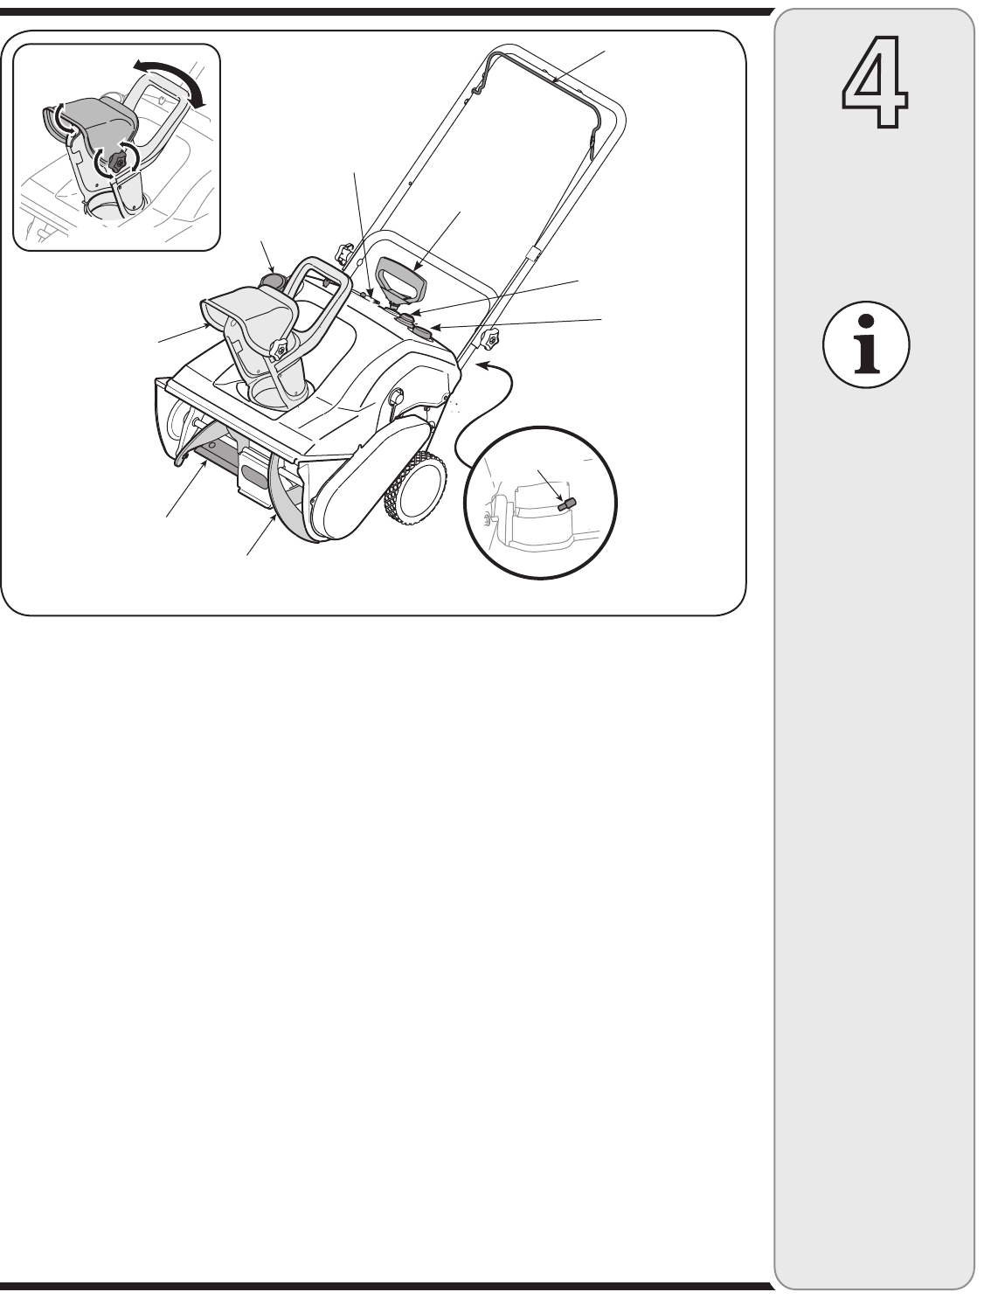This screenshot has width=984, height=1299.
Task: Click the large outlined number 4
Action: tap(874, 82)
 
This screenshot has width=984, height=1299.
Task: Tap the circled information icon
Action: tap(866, 344)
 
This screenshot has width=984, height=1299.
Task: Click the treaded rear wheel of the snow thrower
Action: tap(417, 489)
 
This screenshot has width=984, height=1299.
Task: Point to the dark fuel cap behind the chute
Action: tap(274, 280)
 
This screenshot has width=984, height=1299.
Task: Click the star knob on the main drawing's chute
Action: tap(279, 350)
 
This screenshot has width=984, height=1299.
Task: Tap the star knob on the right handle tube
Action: tap(490, 340)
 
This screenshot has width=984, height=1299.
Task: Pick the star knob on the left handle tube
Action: tap(343, 253)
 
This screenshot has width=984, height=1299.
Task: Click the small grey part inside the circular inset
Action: tap(566, 504)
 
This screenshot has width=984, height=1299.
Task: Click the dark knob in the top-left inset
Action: tap(118, 163)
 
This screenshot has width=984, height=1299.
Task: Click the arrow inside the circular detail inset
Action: tap(551, 487)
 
